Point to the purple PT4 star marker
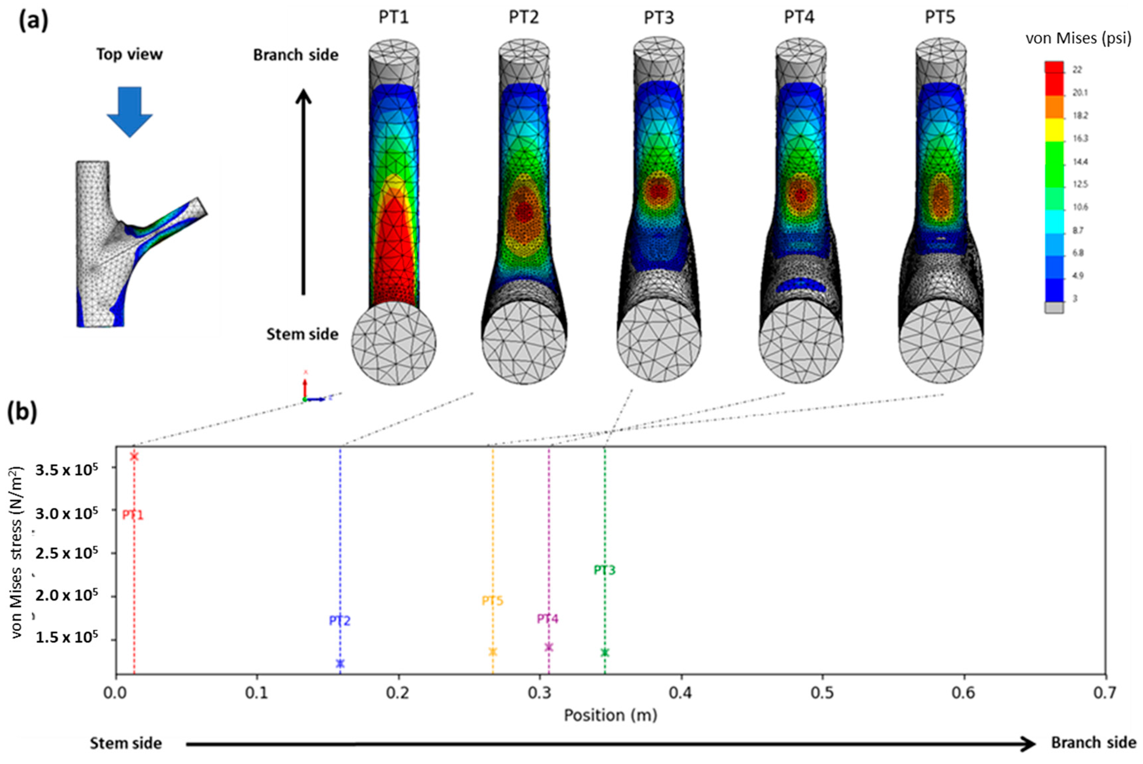549,647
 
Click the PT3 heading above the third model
659,18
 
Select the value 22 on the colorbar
1077,70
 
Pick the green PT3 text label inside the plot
605,570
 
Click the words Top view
130,54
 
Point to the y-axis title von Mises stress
18,553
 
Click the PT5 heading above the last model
940,18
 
